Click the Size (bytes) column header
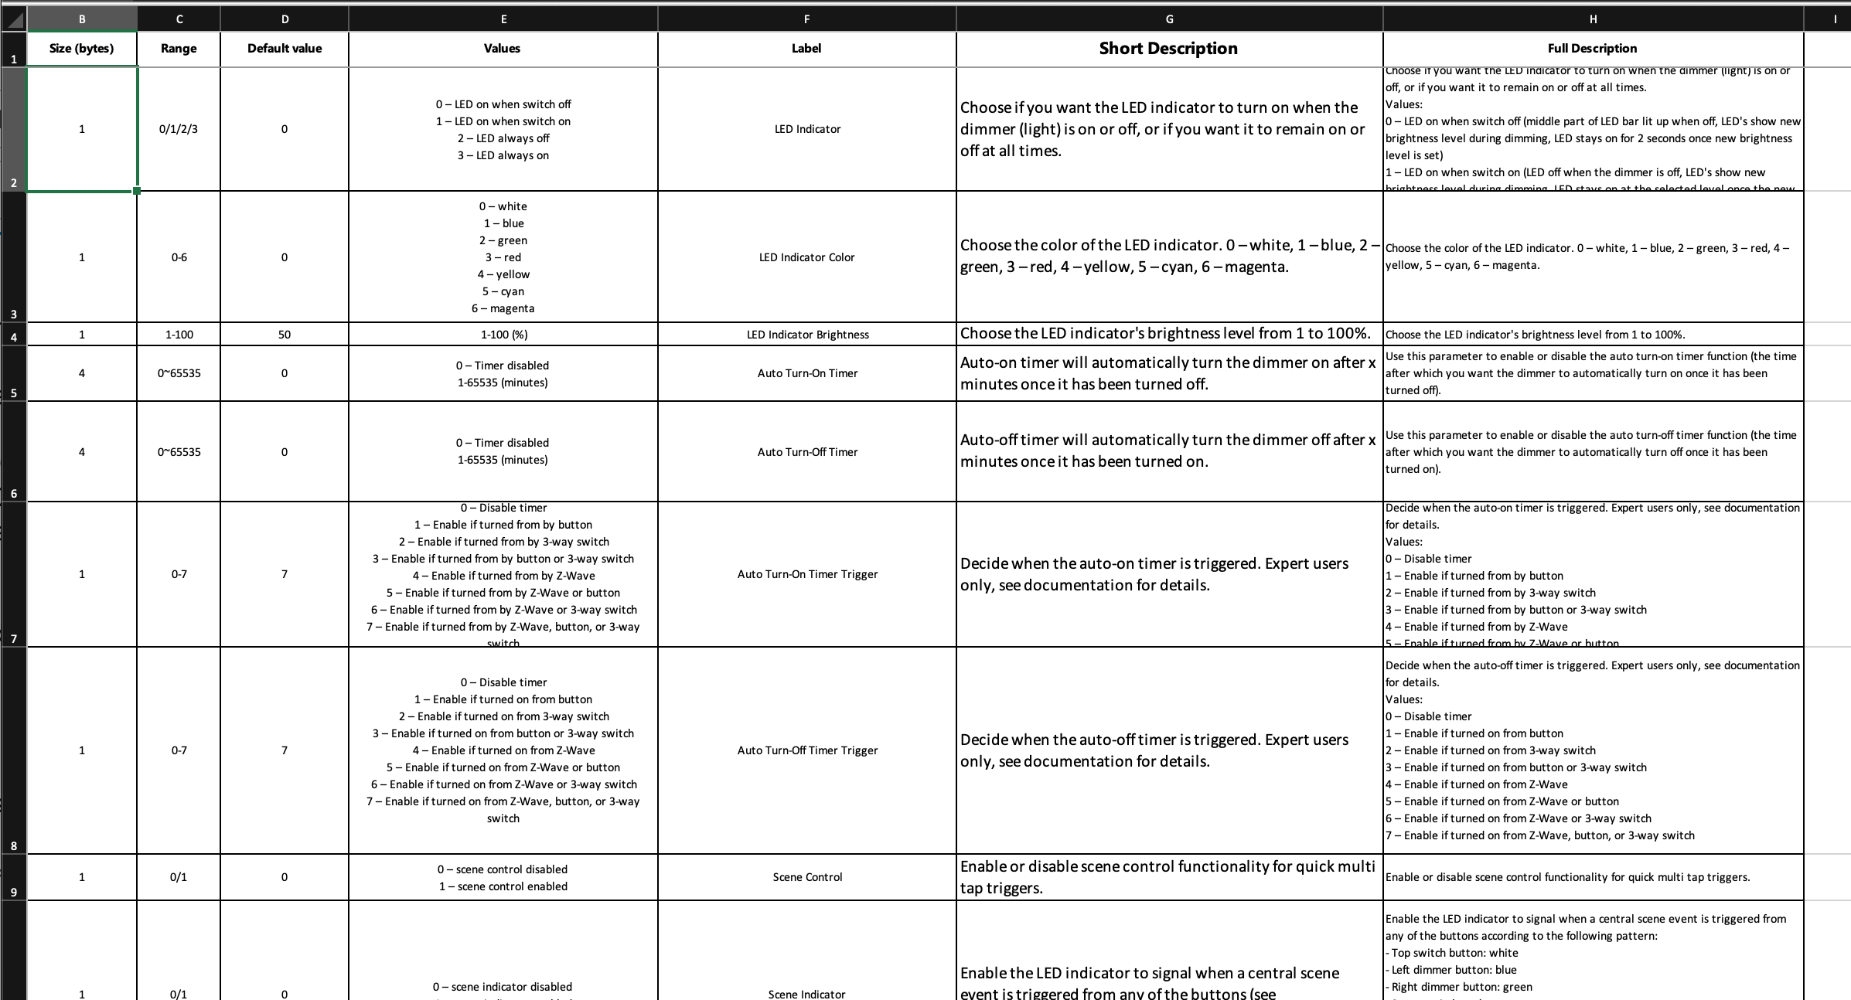pos(81,48)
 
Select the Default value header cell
pos(284,48)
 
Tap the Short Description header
pos(1168,48)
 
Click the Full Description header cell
pos(1592,48)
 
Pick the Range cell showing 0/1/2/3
pos(179,129)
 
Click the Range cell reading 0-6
pos(179,257)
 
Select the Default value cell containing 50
pos(284,335)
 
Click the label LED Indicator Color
pos(806,257)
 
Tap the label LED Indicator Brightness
pos(806,335)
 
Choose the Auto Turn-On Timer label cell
pos(806,373)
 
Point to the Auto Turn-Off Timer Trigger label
pos(806,750)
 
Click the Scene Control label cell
pos(806,877)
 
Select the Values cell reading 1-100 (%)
pos(503,335)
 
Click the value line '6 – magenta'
pos(503,308)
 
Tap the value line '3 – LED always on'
pos(503,155)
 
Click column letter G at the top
pos(1168,19)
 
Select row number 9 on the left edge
pos(13,892)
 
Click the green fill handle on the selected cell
pos(137,191)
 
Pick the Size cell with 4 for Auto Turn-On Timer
pos(81,373)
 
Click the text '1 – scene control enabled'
pos(503,886)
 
